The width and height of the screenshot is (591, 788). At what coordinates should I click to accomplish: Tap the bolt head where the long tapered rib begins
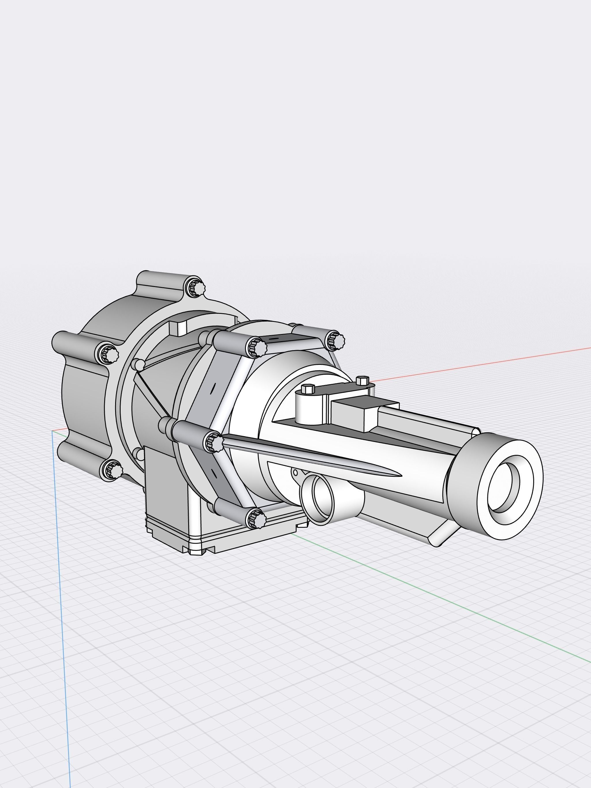[214, 443]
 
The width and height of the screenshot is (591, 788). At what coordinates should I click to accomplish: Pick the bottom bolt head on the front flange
[257, 518]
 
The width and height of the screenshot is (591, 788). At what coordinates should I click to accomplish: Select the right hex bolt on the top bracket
[362, 380]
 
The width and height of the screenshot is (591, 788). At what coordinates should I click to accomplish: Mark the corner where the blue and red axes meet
[53, 431]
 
